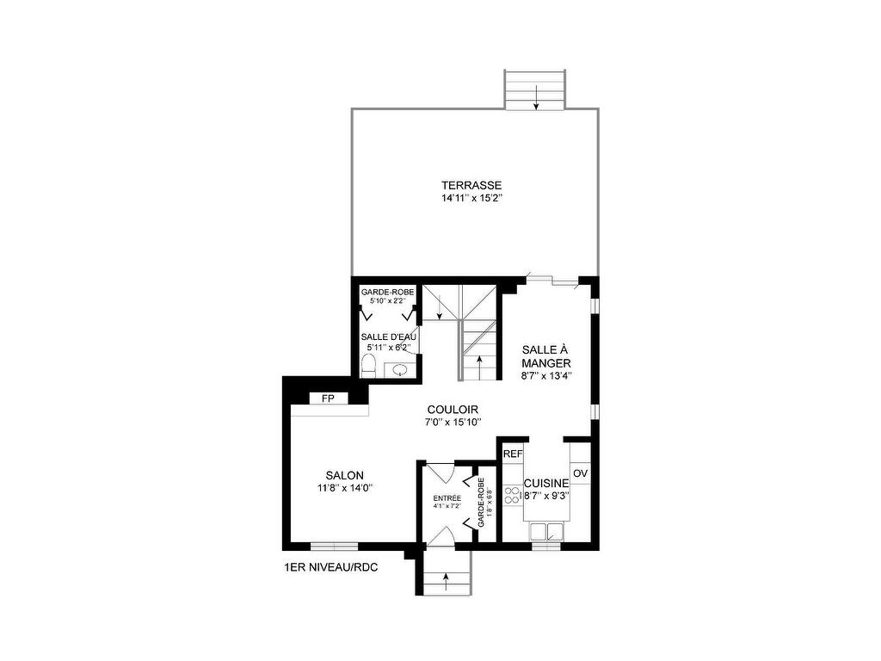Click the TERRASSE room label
471,185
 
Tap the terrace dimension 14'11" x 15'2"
471,198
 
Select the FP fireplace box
328,398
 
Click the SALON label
344,475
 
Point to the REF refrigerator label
513,454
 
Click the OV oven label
580,473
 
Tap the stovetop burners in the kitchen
512,495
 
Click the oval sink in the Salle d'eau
399,372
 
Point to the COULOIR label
453,410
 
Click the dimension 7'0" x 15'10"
453,422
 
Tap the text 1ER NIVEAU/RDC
331,567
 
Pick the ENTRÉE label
447,498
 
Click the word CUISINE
546,484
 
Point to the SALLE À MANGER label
546,356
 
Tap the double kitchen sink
546,530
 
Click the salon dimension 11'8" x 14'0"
344,488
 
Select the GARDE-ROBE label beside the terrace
387,293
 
